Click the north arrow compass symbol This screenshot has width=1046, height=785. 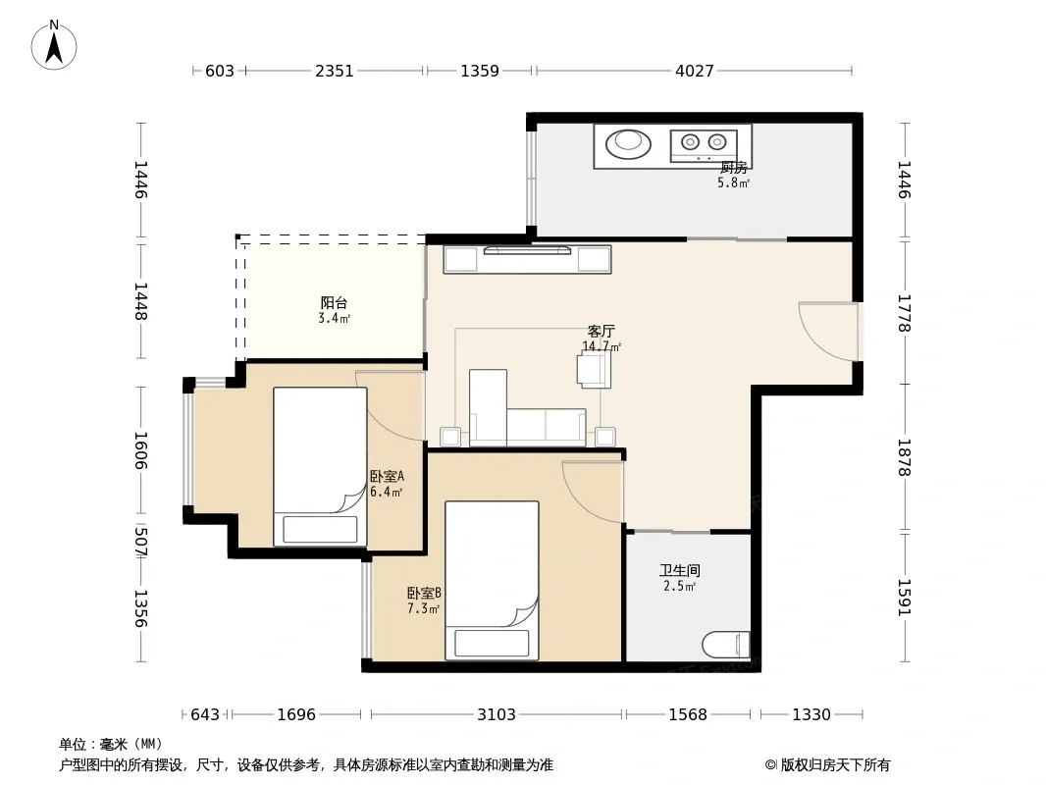pyautogui.click(x=54, y=45)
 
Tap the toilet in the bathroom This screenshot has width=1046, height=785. pyautogui.click(x=726, y=645)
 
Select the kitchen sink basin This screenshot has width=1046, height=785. pyautogui.click(x=628, y=143)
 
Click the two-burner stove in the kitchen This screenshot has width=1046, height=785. pyautogui.click(x=704, y=144)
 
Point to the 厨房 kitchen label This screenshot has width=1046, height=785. pyautogui.click(x=734, y=168)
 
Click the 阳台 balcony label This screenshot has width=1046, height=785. pyautogui.click(x=334, y=303)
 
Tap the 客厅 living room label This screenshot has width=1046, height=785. pyautogui.click(x=601, y=331)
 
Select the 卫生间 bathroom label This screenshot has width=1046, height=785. pyautogui.click(x=680, y=570)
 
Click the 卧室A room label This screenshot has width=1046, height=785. pyautogui.click(x=387, y=476)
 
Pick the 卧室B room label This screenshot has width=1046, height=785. pyautogui.click(x=424, y=593)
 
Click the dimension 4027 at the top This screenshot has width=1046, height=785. pyautogui.click(x=695, y=71)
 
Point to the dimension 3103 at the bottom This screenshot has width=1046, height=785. pyautogui.click(x=497, y=714)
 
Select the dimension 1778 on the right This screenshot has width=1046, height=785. pyautogui.click(x=904, y=313)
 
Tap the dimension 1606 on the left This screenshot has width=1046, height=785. pyautogui.click(x=140, y=450)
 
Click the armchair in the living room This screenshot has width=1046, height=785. pyautogui.click(x=595, y=369)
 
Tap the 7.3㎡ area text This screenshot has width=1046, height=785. pyautogui.click(x=424, y=608)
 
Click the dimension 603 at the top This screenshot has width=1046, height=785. pyautogui.click(x=220, y=71)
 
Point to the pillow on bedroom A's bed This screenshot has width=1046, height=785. pyautogui.click(x=320, y=530)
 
